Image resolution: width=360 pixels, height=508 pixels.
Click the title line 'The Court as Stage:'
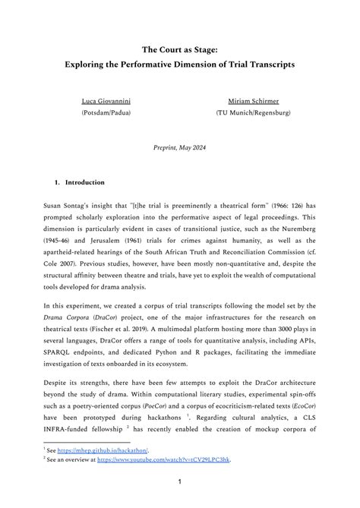[x=179, y=46]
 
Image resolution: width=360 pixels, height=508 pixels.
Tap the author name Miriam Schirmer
[x=253, y=101]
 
